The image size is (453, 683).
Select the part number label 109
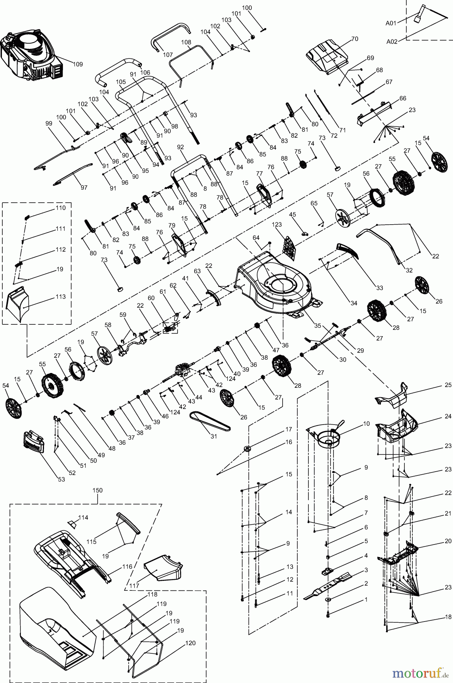tap(77, 64)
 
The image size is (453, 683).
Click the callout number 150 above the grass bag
tap(98, 490)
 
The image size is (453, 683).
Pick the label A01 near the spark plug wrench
tap(391, 23)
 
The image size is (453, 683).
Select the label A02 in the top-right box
tap(392, 42)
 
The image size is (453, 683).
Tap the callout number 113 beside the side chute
tap(60, 296)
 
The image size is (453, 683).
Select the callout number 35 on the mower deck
tap(318, 326)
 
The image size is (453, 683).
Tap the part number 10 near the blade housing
tap(366, 423)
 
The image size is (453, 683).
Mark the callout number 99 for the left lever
tap(48, 123)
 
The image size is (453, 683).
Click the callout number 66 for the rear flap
tap(403, 98)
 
